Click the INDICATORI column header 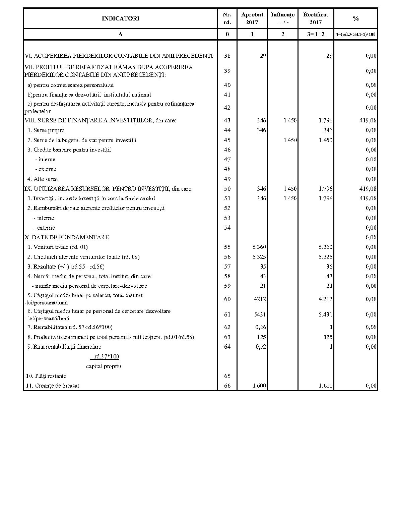coord(120,18)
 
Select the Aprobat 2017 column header coord(252,18)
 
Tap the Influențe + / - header coord(282,18)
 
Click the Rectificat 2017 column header coord(316,18)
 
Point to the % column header coord(356,18)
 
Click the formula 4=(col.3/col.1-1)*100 coord(356,34)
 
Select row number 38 coord(227,56)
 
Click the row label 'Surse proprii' coord(49,130)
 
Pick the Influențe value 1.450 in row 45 coord(290,140)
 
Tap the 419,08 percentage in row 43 coord(368,120)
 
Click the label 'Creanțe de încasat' coord(57,386)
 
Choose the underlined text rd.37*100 coord(107,356)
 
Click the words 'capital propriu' coord(104,366)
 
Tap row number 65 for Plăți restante coord(227,376)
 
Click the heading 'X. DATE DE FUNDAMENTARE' coord(67,237)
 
